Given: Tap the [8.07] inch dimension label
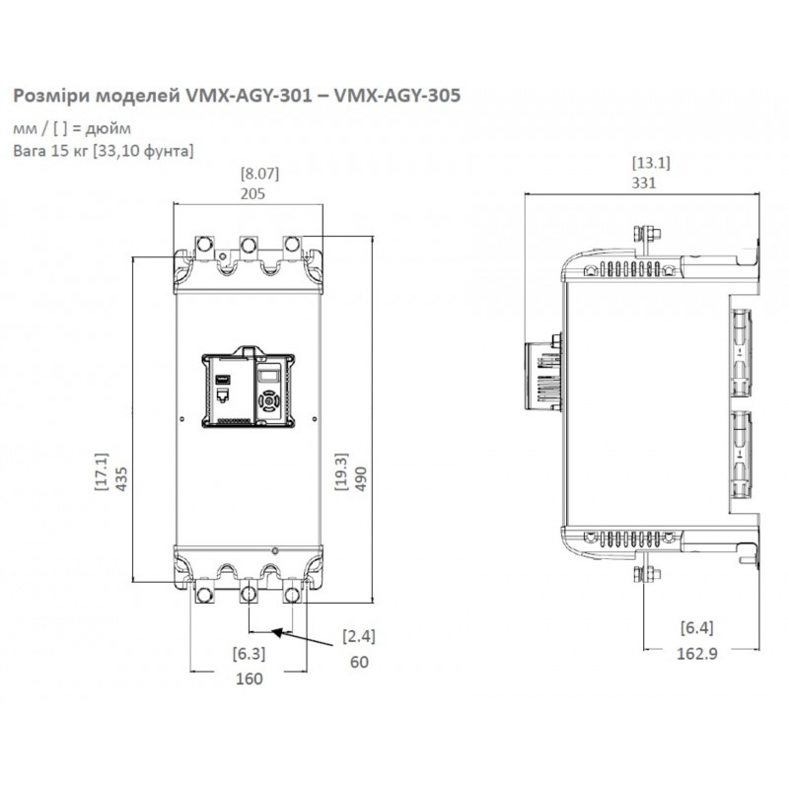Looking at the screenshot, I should [259, 174].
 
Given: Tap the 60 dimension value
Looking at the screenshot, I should [358, 662].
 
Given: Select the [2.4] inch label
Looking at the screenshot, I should [358, 636].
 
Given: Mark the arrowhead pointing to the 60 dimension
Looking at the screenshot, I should [280, 632].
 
